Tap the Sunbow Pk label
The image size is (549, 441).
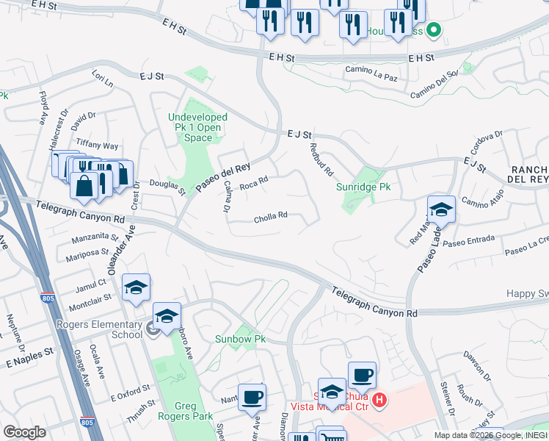(239, 339)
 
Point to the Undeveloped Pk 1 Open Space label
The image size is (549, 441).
(198, 127)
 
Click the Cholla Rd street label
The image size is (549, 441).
(270, 216)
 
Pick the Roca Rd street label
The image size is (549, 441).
(254, 181)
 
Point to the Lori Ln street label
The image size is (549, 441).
(102, 79)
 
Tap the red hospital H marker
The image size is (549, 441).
(379, 401)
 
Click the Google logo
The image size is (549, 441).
(24, 432)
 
